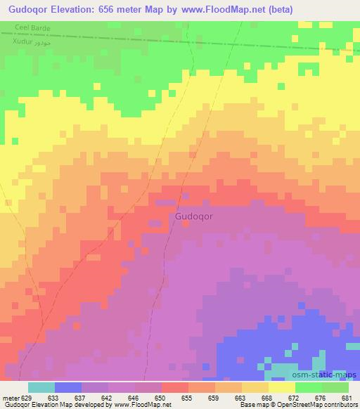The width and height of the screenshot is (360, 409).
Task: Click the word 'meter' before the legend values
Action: coord(11,397)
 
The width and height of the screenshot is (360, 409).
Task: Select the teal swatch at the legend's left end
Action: coord(41,387)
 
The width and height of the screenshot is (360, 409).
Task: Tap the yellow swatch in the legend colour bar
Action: coord(281,387)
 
